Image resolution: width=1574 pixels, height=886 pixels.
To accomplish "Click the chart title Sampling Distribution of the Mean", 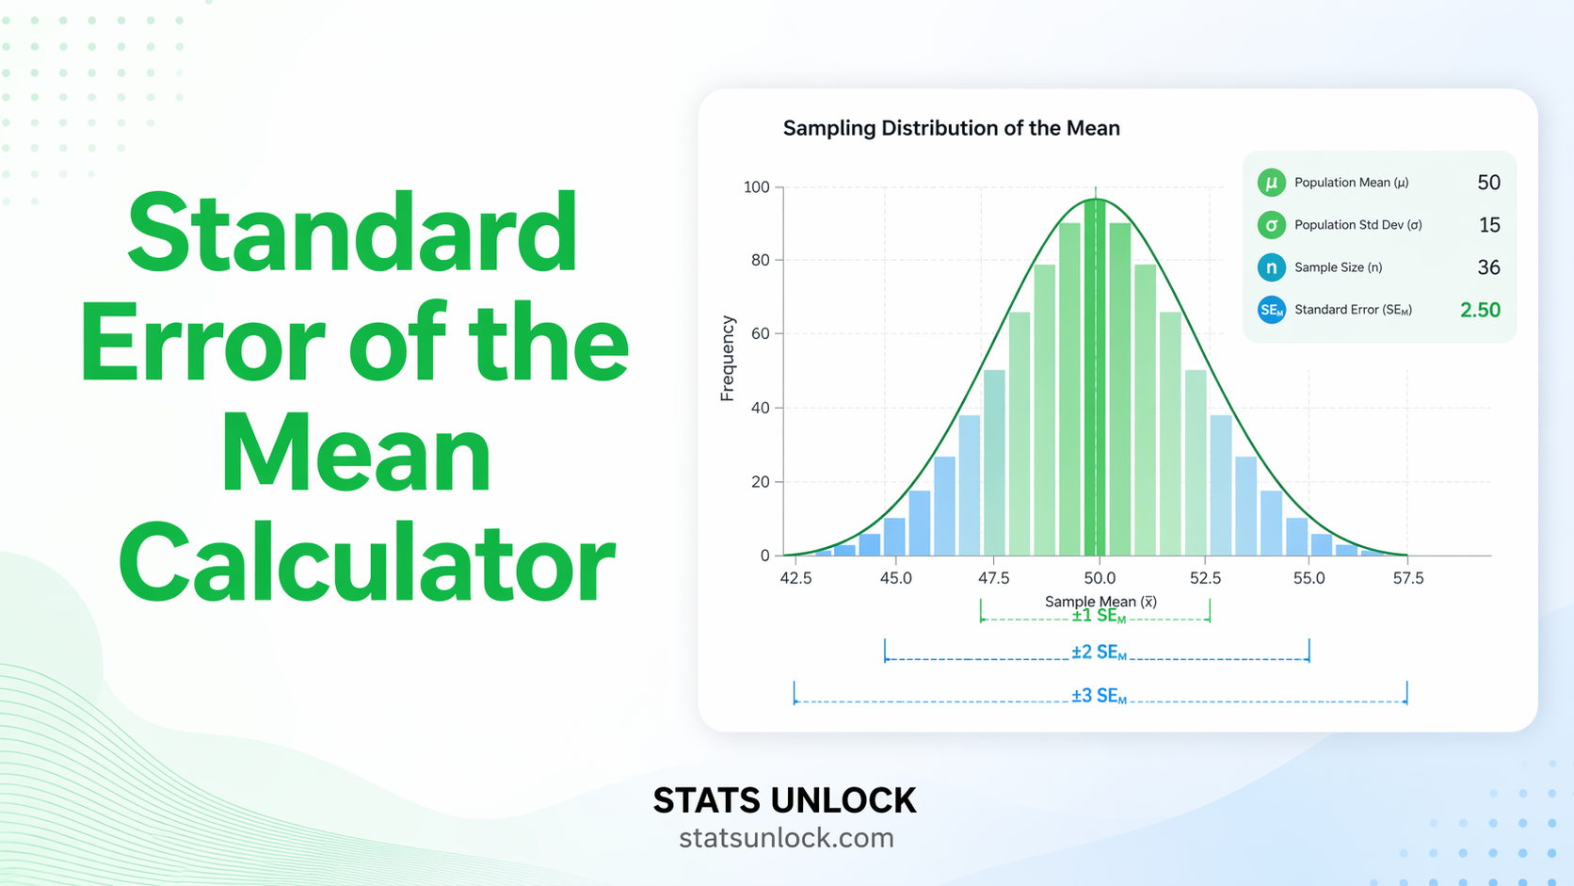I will tap(951, 128).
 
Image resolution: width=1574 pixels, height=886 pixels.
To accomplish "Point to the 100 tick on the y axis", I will tap(756, 187).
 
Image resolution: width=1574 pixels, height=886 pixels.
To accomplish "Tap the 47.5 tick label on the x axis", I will tap(993, 578).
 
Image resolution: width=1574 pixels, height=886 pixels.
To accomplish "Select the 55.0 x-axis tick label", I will tap(1309, 578).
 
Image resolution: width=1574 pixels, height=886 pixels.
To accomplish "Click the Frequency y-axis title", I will tap(727, 359).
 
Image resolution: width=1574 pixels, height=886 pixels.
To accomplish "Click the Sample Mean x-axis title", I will tap(1100, 601).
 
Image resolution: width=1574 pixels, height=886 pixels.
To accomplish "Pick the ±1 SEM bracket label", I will tap(1099, 617).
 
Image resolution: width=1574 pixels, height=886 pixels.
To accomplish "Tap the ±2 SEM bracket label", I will tap(1099, 652).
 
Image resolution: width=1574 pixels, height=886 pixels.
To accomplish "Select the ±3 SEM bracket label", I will tap(1099, 696).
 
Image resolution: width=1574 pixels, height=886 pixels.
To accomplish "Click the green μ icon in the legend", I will tap(1271, 183).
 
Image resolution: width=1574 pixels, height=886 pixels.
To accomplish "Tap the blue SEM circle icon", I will tap(1271, 310).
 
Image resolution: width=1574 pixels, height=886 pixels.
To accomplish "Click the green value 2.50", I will tap(1480, 310).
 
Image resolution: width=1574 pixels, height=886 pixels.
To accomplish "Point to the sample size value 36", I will tap(1488, 267).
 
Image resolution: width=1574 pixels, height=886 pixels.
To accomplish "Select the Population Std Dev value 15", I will tap(1489, 225).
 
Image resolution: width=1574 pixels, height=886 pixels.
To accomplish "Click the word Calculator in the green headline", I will tap(367, 565).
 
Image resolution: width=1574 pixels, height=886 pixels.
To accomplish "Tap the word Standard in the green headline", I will tap(353, 234).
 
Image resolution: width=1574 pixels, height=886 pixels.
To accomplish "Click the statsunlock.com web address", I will tap(786, 837).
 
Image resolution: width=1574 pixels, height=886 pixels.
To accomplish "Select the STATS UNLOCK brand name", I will tap(784, 800).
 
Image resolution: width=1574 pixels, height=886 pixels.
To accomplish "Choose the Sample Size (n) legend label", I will tap(1338, 267).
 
